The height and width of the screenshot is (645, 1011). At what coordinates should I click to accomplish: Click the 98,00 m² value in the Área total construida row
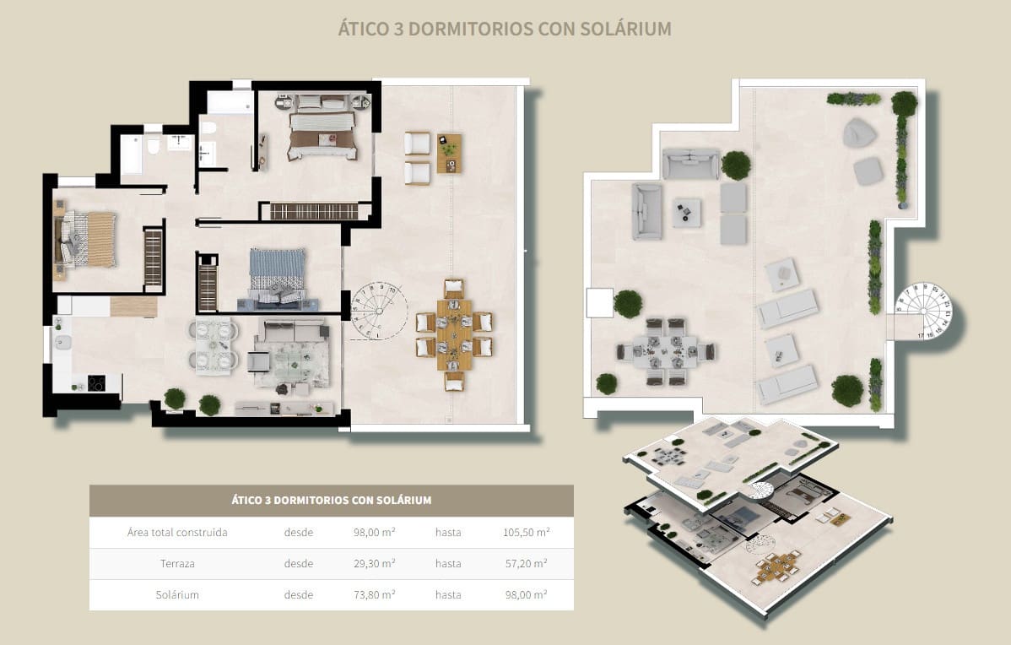[375, 533]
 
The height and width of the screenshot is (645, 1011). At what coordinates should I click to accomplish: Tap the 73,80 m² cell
[375, 594]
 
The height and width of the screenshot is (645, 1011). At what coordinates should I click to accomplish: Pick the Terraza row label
[177, 564]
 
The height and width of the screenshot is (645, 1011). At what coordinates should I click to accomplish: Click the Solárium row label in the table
[177, 594]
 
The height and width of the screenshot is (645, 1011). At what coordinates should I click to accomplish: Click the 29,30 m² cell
[375, 564]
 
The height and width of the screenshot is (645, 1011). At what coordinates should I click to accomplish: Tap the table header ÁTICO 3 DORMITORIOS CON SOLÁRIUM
[331, 500]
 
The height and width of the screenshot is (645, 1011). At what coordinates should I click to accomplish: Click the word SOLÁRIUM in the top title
[626, 29]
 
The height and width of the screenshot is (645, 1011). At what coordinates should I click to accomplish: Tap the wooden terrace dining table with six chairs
[454, 335]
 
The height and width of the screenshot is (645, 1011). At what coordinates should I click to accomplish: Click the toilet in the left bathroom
[154, 148]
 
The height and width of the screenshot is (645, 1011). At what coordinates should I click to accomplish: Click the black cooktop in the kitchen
[96, 382]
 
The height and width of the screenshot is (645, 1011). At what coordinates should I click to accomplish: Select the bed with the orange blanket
[89, 238]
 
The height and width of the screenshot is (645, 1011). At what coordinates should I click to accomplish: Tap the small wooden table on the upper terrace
[449, 151]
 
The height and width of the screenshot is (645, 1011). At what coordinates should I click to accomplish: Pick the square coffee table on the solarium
[687, 212]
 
